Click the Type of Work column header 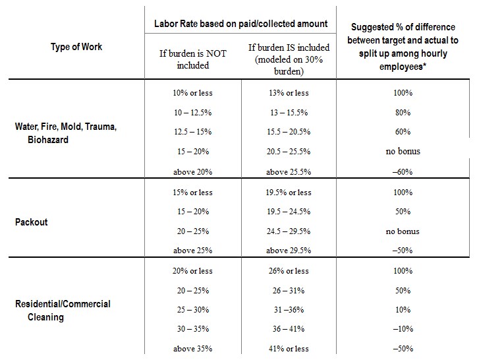point(76,47)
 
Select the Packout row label point(32,222)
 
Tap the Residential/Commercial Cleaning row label point(63,311)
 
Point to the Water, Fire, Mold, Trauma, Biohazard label point(66,133)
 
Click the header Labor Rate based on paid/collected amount point(240,24)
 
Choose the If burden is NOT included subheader point(193,59)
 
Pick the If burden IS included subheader point(289,59)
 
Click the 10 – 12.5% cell point(193,113)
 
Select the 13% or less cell point(289,93)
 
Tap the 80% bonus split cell point(403,113)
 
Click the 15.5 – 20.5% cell point(289,132)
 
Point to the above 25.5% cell point(289,172)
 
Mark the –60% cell point(403,172)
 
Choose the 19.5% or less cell point(289,193)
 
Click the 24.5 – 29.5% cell point(289,231)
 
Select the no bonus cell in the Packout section point(403,231)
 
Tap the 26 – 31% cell point(289,291)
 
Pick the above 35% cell point(193,349)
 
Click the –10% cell point(403,329)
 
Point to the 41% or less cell point(289,349)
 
